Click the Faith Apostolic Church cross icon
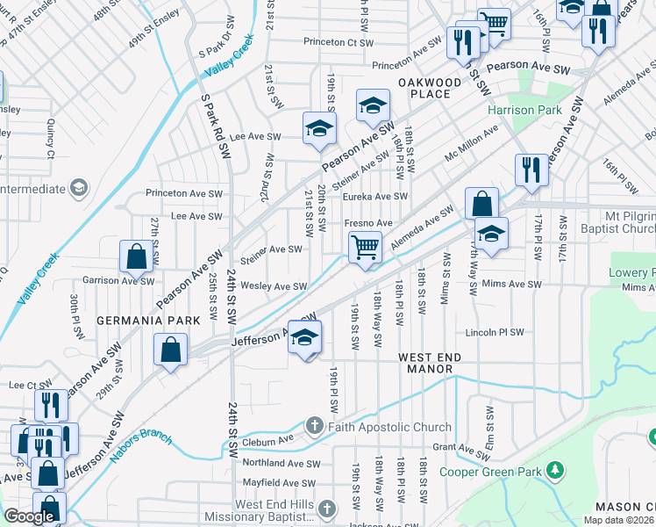coord(315,427)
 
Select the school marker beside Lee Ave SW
coord(319,128)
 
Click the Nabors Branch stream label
coord(140,448)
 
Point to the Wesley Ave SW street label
coord(274,286)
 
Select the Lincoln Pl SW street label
coord(494,333)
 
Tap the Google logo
coord(29,516)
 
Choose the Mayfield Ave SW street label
coord(279,483)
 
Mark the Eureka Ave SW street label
coord(375,197)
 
